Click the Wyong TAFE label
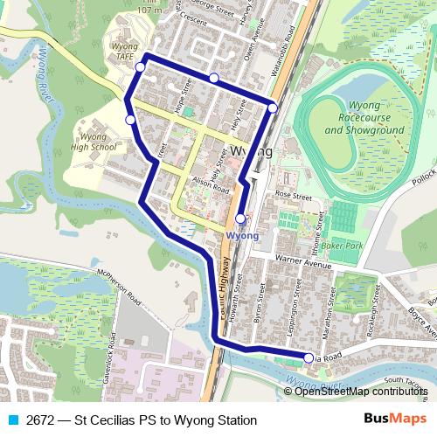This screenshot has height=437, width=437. [126, 48]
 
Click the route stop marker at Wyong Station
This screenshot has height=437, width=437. [240, 218]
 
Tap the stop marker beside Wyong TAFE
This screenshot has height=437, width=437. [140, 66]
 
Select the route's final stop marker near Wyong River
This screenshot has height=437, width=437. [309, 357]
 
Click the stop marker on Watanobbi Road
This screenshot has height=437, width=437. [273, 108]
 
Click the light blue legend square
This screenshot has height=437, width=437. [11, 420]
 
